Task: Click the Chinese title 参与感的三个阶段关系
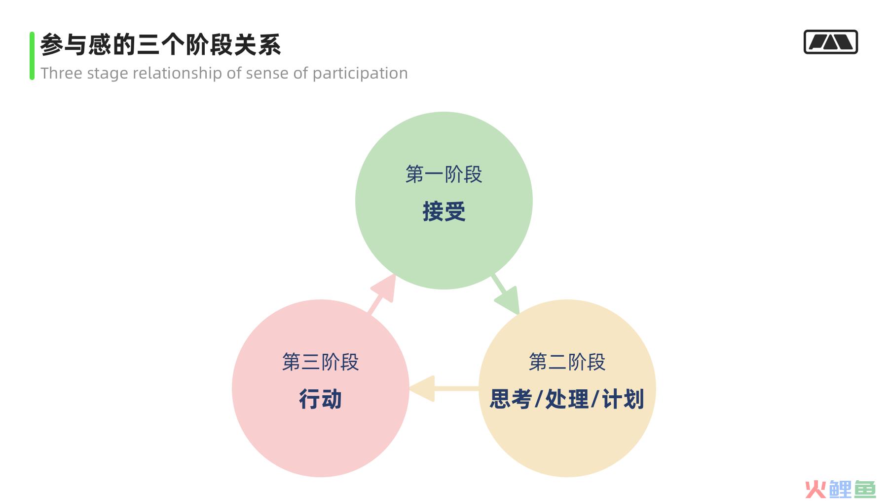161,45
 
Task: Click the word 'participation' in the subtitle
360,74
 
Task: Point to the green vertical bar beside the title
32,56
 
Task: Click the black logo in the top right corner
831,42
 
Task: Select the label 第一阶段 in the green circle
444,174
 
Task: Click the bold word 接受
444,211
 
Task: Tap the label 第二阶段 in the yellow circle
567,362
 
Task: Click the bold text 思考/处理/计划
567,399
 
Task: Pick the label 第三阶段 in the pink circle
320,362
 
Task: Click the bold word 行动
321,399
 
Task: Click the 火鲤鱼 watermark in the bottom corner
841,489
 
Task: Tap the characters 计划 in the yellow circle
623,399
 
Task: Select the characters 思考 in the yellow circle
511,399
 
